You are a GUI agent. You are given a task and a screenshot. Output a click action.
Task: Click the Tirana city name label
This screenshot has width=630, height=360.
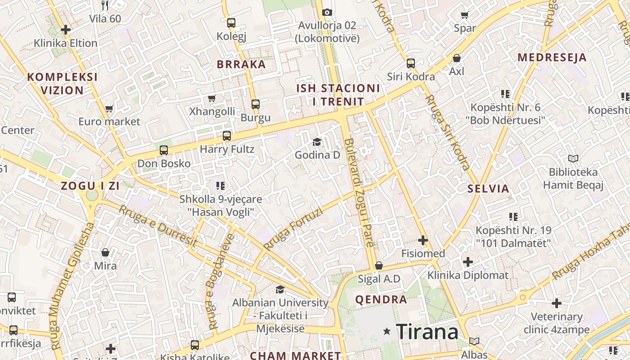coord(427,332)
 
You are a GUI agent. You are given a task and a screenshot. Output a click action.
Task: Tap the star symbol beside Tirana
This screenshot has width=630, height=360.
coord(387,332)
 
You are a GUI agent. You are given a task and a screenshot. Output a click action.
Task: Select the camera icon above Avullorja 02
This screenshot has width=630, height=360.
coord(327,12)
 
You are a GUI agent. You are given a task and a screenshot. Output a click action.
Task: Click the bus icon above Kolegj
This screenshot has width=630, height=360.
coord(231,22)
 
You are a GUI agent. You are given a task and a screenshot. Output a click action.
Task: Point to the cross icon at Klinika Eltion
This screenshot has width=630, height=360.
coord(66,30)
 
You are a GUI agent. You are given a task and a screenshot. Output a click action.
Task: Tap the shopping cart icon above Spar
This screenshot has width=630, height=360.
coord(465,15)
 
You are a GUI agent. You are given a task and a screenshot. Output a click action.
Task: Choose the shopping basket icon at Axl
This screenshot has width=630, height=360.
coord(457,58)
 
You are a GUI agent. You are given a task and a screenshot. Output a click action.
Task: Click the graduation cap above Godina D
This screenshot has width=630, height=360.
coord(317,142)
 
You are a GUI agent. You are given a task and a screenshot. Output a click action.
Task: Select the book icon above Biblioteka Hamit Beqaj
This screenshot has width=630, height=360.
coord(573,158)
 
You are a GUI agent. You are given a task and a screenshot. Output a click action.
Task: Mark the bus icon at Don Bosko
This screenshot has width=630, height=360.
coord(164,150)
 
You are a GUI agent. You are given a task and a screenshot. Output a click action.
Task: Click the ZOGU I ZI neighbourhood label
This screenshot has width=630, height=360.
coord(90,185)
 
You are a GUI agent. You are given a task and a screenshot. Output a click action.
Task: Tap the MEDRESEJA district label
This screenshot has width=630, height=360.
coord(552,58)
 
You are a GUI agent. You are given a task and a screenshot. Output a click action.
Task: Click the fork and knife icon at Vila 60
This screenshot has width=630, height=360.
coord(105,5)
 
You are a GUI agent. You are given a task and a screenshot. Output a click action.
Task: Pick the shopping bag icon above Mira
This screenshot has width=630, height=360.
coord(105,252)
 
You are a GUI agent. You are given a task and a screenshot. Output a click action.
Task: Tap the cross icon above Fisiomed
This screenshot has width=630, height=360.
coord(423,240)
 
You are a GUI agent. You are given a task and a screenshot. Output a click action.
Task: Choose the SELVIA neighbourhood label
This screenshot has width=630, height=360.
coord(488,189)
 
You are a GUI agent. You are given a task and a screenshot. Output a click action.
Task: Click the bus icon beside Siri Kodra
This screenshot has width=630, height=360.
coord(411,63)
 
